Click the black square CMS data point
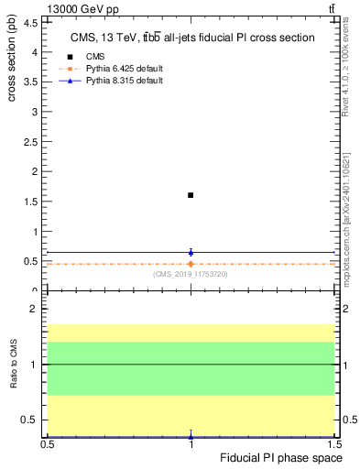(x=191, y=195)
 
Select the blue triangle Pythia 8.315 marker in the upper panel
(x=191, y=251)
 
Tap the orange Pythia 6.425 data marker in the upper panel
(x=191, y=264)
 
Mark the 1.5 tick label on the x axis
(x=334, y=444)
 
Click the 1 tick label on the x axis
(x=191, y=444)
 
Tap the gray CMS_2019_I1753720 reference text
(x=191, y=274)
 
